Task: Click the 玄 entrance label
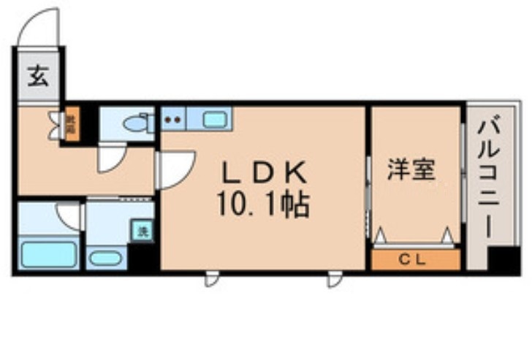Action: tap(37, 74)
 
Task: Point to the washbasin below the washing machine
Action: tap(107, 258)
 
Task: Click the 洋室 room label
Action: tap(412, 170)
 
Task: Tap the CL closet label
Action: tap(414, 260)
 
